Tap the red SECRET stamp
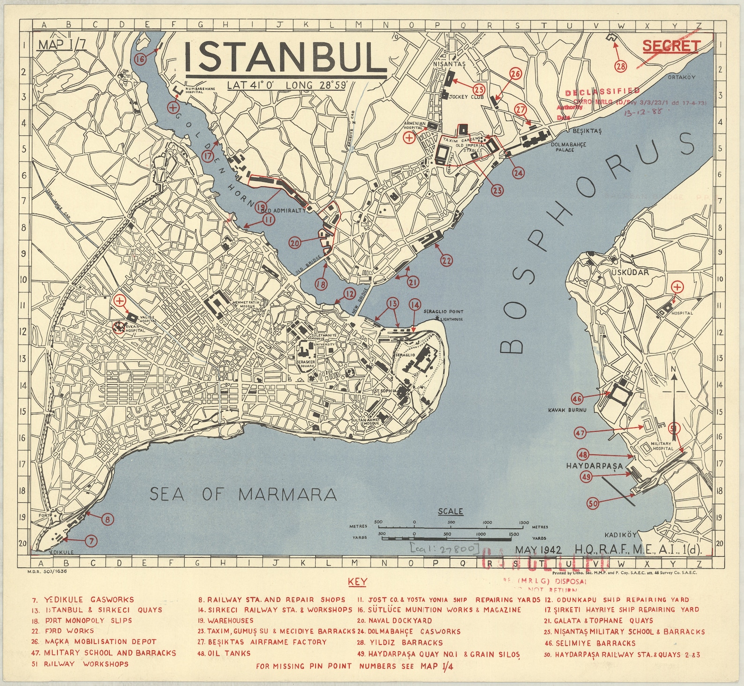click(671, 46)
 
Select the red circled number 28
click(621, 66)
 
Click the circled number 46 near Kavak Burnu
click(577, 399)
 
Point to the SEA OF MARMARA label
click(243, 494)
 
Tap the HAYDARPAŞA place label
click(595, 466)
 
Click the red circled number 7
click(92, 541)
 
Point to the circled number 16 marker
click(140, 59)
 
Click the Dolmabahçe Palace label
click(568, 147)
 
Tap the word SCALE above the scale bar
click(450, 511)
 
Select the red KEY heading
click(357, 582)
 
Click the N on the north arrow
click(673, 370)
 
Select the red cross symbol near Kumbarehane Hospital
click(173, 107)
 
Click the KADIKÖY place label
click(621, 535)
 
